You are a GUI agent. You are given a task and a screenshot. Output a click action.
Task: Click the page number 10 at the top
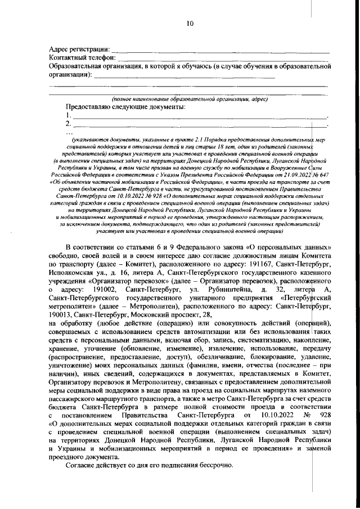190,23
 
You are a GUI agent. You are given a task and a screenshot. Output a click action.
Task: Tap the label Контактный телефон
82,58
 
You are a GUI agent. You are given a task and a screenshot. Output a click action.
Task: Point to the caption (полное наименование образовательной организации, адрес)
189,98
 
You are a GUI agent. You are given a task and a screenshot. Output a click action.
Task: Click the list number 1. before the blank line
69,115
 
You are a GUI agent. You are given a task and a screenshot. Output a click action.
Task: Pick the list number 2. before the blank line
69,123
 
